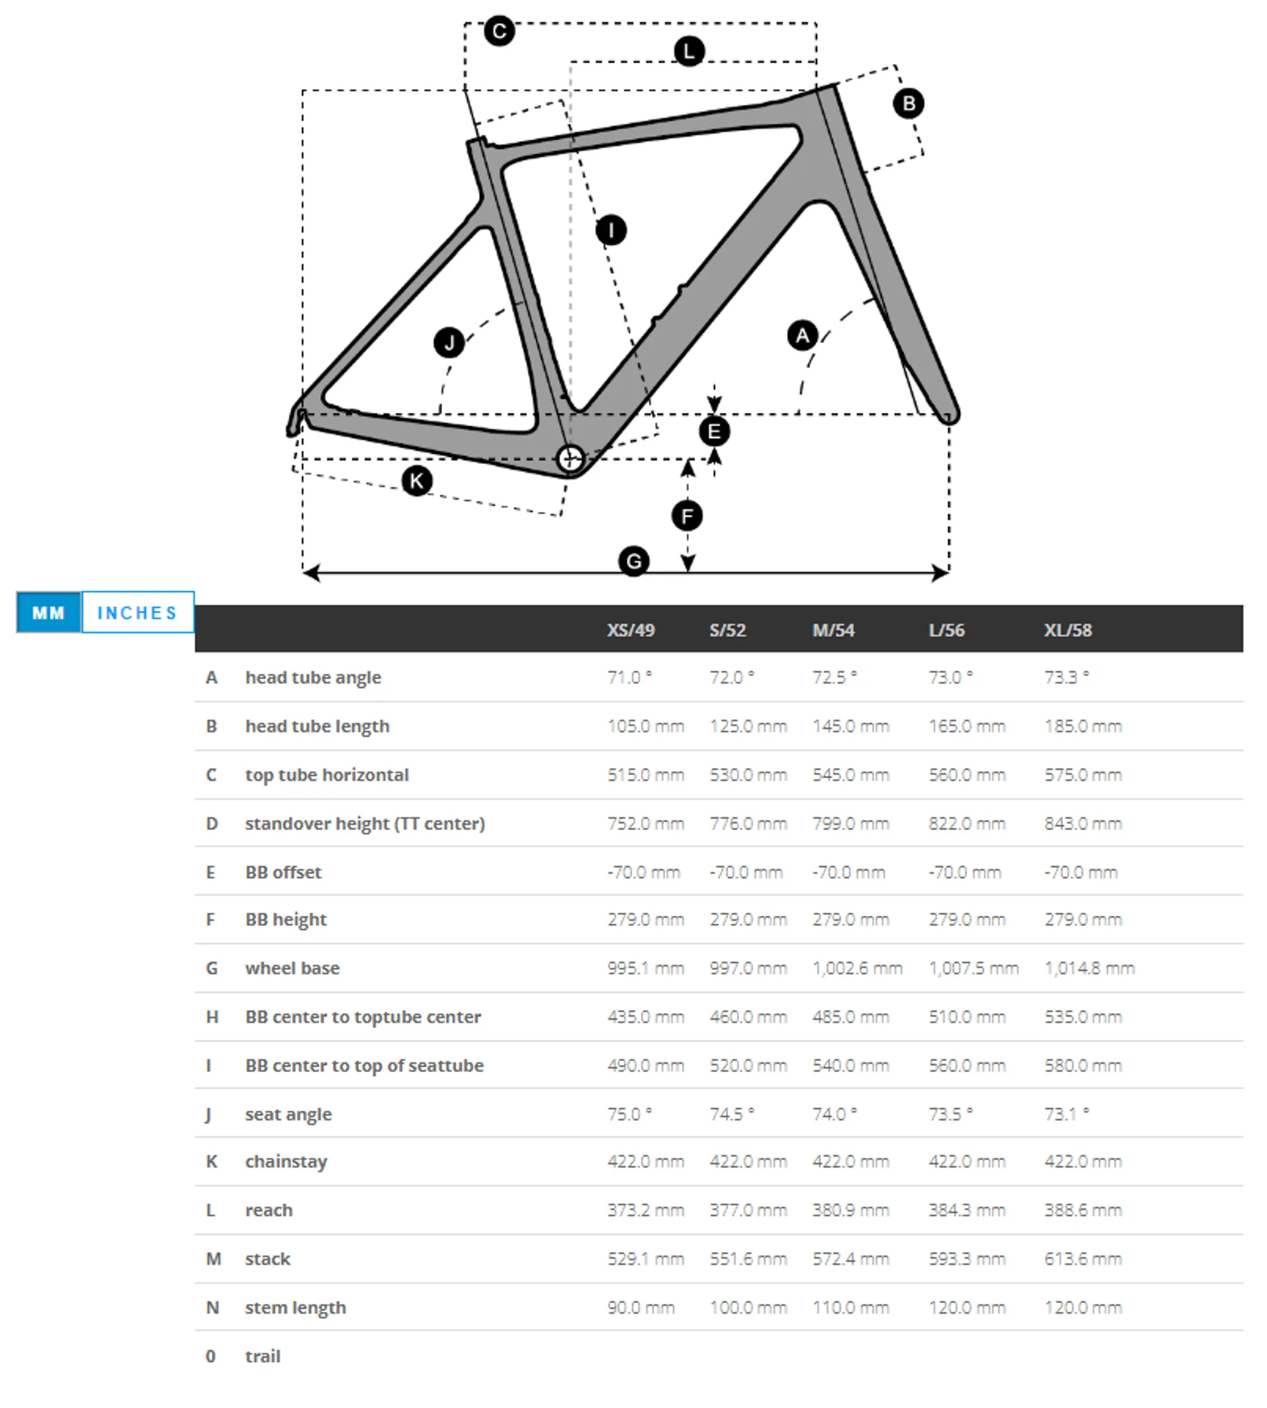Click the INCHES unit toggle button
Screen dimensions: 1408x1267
point(137,612)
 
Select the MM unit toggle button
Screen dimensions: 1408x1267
point(48,612)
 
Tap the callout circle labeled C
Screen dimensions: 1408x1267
point(499,31)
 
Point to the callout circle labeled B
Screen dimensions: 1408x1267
point(909,104)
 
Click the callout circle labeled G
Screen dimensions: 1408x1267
point(633,561)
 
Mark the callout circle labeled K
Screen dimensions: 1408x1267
point(417,480)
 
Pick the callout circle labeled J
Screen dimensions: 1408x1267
point(449,342)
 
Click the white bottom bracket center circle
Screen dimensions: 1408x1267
point(571,459)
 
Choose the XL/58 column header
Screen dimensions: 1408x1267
point(1067,630)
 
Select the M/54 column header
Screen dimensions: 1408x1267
point(833,630)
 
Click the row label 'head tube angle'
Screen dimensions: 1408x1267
point(313,677)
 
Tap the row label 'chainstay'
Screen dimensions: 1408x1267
point(286,1161)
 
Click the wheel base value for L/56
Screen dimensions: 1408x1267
point(973,968)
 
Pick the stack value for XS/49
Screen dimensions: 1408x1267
point(645,1258)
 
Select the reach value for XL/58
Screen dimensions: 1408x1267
point(1082,1209)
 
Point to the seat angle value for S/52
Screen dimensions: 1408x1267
point(732,1114)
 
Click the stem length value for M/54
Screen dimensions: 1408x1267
point(851,1307)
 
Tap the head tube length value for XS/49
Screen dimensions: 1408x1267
point(645,726)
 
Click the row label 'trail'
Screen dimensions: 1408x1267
point(263,1356)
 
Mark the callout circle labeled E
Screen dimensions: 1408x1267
point(714,432)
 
